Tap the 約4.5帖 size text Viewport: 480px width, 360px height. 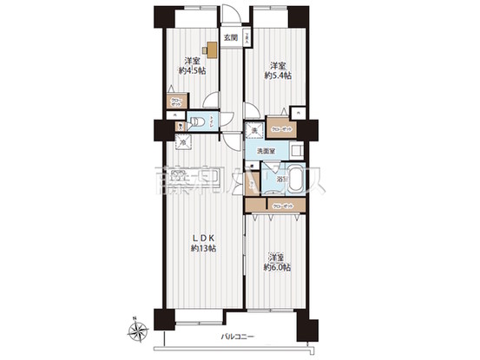[x=192, y=70]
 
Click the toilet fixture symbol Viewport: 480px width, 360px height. [x=197, y=122]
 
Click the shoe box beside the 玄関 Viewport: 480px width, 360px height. [x=247, y=38]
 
